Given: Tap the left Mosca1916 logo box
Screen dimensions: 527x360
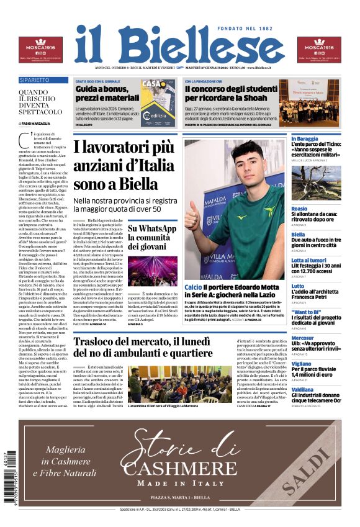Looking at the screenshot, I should (40, 50).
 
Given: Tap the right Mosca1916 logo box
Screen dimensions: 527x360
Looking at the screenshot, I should (319, 50).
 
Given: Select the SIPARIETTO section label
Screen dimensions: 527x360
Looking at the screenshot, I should (35, 81).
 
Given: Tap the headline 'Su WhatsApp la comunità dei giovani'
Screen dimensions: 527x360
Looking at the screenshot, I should (152, 238).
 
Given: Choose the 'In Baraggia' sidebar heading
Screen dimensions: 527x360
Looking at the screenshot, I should (306, 138).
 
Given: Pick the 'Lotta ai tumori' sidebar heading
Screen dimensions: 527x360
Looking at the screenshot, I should (309, 260).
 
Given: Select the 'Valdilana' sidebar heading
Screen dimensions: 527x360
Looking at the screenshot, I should (304, 389).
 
